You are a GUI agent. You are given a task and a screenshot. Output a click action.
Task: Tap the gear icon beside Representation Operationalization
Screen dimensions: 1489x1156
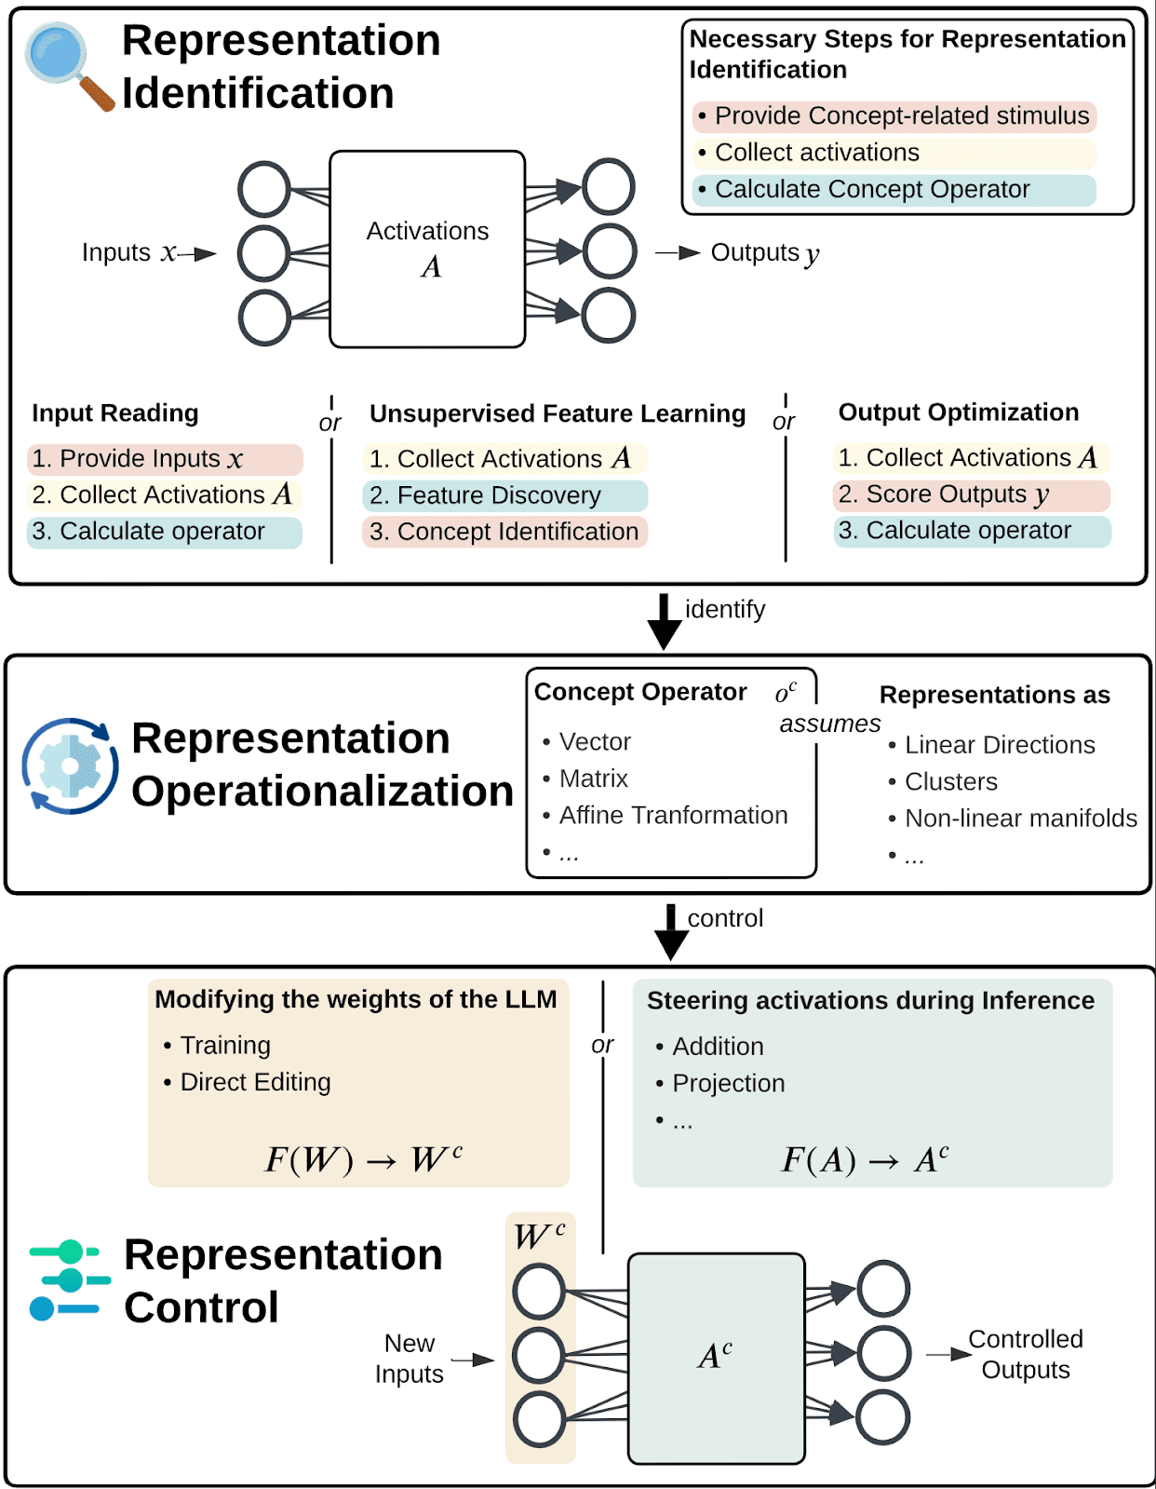coord(70,765)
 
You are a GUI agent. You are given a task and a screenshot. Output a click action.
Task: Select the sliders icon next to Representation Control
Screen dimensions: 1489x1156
coord(67,1279)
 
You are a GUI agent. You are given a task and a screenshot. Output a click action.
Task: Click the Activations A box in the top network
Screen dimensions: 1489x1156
coord(427,249)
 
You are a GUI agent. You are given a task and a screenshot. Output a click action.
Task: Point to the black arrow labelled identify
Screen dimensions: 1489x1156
coord(665,620)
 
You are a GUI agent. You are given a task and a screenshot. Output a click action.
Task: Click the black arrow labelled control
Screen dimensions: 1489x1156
coord(670,930)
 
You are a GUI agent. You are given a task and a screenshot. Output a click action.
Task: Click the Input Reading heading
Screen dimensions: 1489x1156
coord(115,413)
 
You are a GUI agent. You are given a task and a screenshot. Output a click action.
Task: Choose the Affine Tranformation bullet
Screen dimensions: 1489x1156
coord(672,816)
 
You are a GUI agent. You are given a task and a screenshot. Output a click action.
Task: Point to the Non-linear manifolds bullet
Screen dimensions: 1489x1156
coord(1020,819)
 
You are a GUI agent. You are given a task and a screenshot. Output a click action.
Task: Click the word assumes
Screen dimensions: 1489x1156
coord(829,724)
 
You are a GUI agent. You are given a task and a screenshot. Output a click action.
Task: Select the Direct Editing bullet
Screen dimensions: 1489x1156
coord(254,1082)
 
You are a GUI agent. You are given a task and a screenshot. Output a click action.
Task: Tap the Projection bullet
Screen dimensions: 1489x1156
coord(728,1083)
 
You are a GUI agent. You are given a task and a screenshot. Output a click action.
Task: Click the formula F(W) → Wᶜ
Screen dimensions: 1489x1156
coord(363,1159)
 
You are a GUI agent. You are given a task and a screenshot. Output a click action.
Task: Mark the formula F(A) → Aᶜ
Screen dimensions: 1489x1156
coord(865,1159)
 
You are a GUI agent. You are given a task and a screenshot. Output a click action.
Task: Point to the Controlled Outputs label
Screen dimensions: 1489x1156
coord(1025,1354)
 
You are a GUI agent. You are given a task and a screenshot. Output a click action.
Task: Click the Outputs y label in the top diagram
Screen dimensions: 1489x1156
coord(764,253)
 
